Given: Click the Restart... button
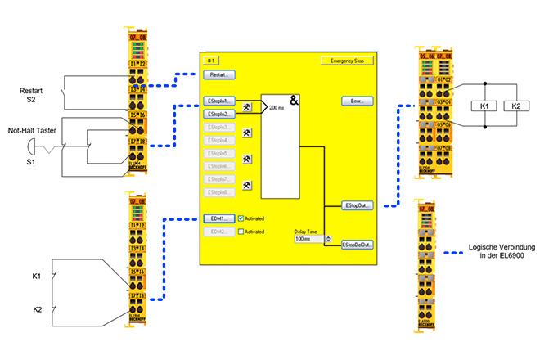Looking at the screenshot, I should pyautogui.click(x=218, y=74).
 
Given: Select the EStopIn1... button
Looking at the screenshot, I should pyautogui.click(x=218, y=101).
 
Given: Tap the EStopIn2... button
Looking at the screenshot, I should pyautogui.click(x=218, y=115).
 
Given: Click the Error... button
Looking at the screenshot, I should pyautogui.click(x=357, y=101).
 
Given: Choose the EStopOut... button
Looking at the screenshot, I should pyautogui.click(x=358, y=205).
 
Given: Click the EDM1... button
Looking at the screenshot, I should pyautogui.click(x=218, y=218).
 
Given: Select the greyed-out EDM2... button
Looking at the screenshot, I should pyautogui.click(x=218, y=232).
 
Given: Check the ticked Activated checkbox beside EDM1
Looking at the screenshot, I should pyautogui.click(x=241, y=218).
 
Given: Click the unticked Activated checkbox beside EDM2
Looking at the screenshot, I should pyautogui.click(x=241, y=232).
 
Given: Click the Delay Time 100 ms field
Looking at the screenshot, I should pyautogui.click(x=308, y=239).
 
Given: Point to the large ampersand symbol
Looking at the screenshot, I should pyautogui.click(x=294, y=101).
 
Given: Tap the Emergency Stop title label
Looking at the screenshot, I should pyautogui.click(x=347, y=61).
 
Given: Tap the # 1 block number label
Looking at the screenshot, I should pyautogui.click(x=210, y=61).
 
